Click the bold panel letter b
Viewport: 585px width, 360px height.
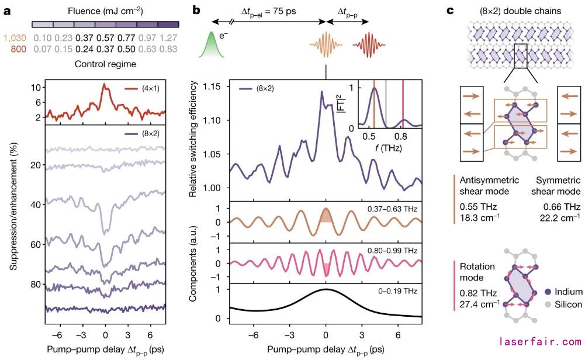[198, 10]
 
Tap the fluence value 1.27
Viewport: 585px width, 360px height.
[168, 38]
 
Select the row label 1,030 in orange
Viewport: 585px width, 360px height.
[15, 38]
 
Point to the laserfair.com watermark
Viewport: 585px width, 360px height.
[539, 341]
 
